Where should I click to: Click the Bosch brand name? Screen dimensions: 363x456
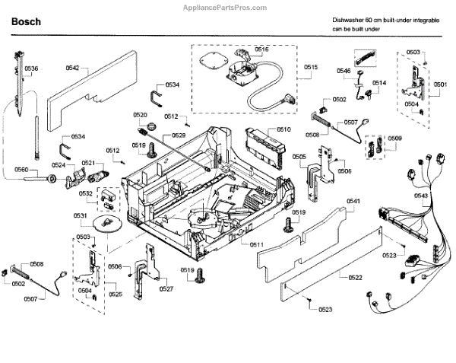pos(26,23)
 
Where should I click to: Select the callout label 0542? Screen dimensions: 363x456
pos(72,68)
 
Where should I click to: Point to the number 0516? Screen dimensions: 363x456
pos(261,49)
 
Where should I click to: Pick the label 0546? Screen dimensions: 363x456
pos(344,71)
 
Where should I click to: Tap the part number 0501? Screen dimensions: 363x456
pos(441,85)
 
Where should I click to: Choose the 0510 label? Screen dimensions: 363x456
pos(283,130)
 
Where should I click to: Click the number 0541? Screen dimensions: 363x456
pos(353,201)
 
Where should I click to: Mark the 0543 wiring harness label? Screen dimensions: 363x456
pos(421,196)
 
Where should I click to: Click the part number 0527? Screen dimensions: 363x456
pos(166,288)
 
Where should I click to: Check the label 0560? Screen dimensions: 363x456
pos(21,170)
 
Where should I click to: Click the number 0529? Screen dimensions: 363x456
pos(179,135)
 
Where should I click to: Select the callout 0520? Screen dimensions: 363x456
pos(140,115)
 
